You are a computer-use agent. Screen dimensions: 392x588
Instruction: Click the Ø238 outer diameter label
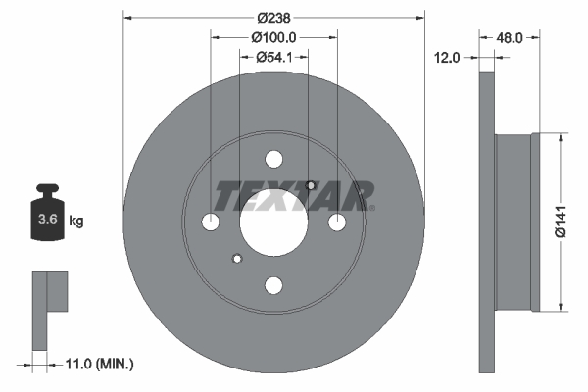coord(273,17)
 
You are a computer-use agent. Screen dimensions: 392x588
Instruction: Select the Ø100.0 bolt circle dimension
coord(273,37)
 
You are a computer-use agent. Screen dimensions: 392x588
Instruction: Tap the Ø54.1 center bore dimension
coord(273,58)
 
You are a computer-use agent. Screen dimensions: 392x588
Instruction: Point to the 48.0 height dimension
coord(509,37)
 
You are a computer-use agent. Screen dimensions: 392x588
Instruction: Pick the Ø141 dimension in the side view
coord(561,221)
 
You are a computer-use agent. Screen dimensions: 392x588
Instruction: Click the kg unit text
coord(75,221)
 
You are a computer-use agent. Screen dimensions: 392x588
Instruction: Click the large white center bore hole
coord(273,222)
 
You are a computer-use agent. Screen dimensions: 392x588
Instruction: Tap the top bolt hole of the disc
coord(273,160)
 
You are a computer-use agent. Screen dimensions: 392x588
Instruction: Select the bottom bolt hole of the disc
coord(273,285)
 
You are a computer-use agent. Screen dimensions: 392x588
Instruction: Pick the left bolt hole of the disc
coord(211,222)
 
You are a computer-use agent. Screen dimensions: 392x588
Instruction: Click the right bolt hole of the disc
coord(336,222)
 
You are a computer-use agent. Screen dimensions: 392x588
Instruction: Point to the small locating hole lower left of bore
coord(236,259)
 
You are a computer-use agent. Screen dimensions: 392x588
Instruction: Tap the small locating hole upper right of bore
coord(310,185)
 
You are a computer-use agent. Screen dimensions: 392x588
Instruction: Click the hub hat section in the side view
coord(517,221)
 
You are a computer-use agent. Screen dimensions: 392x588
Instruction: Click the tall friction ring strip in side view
coord(487,221)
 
